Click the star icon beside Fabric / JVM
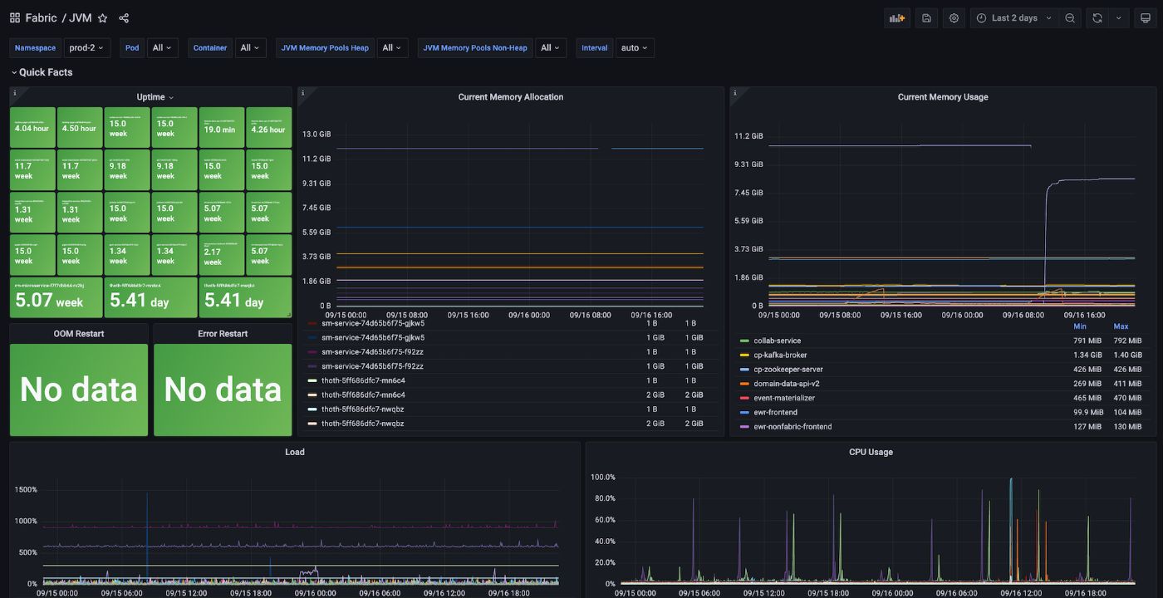pos(102,18)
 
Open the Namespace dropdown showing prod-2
pos(87,48)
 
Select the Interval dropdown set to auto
pos(635,48)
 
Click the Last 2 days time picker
pos(1014,18)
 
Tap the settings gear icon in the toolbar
pos(954,18)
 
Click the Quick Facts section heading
pos(46,72)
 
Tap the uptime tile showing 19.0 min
pos(222,128)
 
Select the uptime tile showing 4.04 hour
pos(32,128)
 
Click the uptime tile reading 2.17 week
pos(222,255)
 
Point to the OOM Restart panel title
pos(79,334)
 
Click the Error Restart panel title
pos(223,334)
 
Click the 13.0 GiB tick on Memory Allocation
pos(317,135)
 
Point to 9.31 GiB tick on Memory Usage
pos(748,164)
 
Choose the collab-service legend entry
pos(777,341)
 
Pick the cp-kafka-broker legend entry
pos(782,355)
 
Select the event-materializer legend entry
pos(784,398)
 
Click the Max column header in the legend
pos(1121,326)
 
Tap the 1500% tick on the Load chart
pos(26,490)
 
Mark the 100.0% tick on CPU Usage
pos(602,478)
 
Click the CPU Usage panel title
pos(871,453)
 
